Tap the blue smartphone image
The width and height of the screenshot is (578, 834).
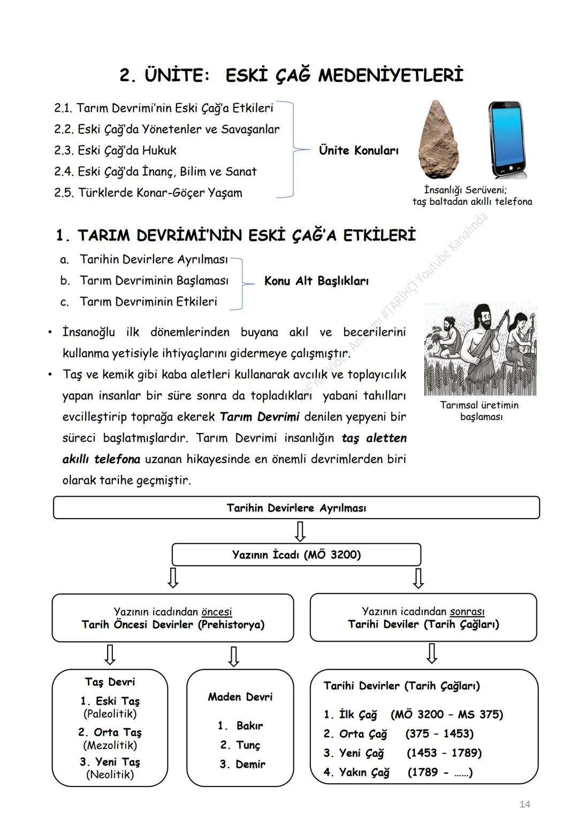506,140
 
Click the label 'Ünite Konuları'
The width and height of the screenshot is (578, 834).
359,151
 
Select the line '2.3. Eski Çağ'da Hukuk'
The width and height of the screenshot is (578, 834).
115,151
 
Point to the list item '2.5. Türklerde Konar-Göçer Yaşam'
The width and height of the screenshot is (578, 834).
148,193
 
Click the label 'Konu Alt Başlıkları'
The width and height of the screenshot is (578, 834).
316,281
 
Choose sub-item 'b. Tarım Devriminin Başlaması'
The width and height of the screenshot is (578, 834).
154,281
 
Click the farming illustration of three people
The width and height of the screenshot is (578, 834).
480,350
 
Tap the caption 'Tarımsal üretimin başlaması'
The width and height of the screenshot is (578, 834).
480,411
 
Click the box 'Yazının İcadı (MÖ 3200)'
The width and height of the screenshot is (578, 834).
296,555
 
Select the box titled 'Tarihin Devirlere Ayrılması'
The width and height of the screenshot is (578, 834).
296,508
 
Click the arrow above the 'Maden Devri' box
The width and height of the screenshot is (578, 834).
233,656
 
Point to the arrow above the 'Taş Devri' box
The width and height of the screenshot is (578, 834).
110,654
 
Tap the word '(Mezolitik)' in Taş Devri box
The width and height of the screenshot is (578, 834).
110,745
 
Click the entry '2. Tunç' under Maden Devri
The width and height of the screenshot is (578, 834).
240,745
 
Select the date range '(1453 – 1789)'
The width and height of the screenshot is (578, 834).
444,753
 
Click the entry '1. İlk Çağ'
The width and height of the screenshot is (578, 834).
351,715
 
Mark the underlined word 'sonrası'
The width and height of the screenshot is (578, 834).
467,612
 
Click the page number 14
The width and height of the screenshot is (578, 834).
524,805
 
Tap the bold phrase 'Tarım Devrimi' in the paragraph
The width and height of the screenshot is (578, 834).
260,417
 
